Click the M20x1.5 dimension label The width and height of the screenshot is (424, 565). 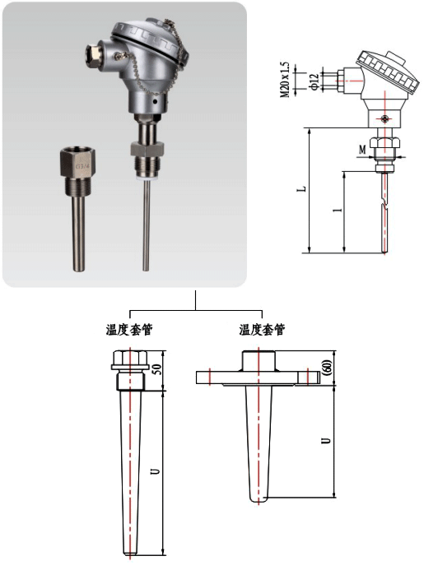coord(285,80)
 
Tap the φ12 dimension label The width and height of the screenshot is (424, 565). coord(315,81)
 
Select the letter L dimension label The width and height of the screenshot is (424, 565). coord(304,188)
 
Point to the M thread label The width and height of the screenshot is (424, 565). coord(362,149)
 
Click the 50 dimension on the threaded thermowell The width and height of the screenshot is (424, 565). coord(157,369)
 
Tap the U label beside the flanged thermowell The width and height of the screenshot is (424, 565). coord(327,440)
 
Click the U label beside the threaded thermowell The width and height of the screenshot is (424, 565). coord(156,470)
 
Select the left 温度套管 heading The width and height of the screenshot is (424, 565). coord(128,330)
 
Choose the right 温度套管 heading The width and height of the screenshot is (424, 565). coord(262,330)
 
